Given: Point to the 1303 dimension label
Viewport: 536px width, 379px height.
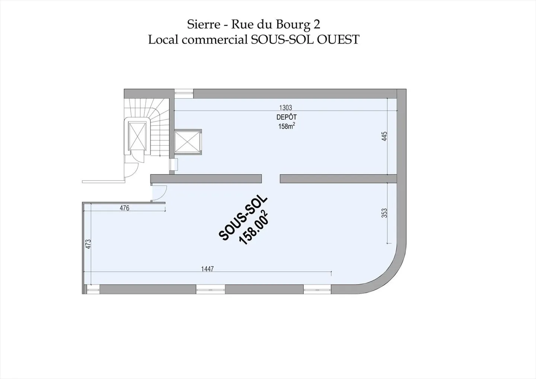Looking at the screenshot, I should click(x=285, y=108).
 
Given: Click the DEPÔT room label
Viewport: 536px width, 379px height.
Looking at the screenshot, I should click(x=286, y=117).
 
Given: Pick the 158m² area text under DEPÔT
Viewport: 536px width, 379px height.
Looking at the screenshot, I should click(x=287, y=126).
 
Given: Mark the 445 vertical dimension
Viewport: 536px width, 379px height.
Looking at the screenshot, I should click(x=385, y=136).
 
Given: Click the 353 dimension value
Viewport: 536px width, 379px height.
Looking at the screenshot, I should click(x=385, y=213).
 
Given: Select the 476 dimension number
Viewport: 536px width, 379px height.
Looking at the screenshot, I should click(x=124, y=208).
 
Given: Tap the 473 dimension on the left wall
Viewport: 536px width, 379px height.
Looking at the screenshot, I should click(x=88, y=244).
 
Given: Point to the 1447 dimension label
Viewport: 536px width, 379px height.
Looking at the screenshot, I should click(x=207, y=269).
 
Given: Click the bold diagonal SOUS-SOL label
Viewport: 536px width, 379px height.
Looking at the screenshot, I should click(x=242, y=218).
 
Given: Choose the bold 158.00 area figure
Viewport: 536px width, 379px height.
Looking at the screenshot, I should click(x=254, y=228).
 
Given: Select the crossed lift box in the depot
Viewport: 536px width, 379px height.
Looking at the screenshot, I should click(x=188, y=142).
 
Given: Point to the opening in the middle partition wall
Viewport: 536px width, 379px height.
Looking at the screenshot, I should click(x=271, y=179).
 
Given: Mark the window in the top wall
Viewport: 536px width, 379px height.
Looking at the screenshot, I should click(x=184, y=93).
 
